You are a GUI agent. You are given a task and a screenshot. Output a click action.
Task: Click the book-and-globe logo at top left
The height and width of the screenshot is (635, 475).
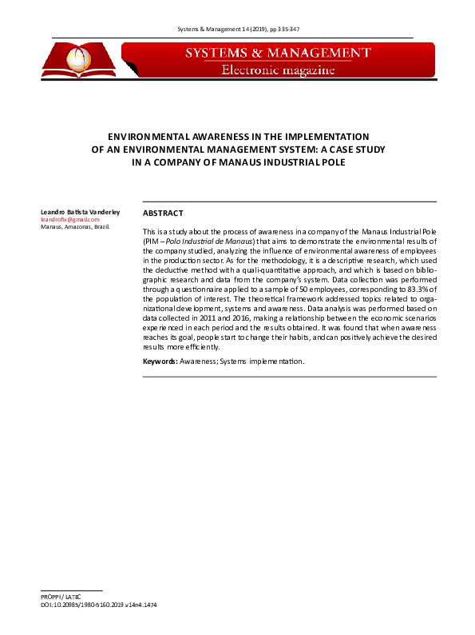pos(79,59)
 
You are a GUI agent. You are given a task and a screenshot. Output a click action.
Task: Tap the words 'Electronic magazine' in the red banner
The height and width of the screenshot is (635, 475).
pos(277,70)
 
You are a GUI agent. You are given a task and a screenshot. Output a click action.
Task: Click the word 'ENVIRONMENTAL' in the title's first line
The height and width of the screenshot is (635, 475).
pos(151,137)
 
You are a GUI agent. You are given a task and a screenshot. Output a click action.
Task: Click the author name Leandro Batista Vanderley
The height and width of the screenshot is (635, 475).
pos(80,211)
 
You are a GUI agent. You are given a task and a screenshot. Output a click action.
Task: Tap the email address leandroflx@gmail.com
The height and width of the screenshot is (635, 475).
pos(69,219)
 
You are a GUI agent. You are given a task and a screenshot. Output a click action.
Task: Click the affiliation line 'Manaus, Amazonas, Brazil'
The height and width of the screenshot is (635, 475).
pos(75,227)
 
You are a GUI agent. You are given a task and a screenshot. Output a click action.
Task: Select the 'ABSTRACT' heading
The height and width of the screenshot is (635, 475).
pos(163,214)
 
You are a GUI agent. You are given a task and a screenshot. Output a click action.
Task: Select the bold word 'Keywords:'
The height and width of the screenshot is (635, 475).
pos(160,362)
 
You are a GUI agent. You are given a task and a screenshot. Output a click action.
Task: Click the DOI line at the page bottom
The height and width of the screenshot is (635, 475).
pos(98,606)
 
